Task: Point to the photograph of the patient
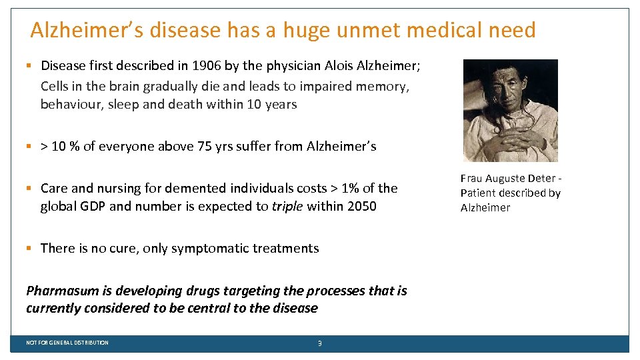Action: pyautogui.click(x=510, y=111)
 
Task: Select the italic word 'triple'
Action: pyautogui.click(x=287, y=206)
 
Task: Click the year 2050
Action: pyautogui.click(x=361, y=206)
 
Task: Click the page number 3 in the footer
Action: pyautogui.click(x=320, y=343)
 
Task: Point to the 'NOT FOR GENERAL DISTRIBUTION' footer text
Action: pyautogui.click(x=67, y=343)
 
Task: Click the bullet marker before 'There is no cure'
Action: pyautogui.click(x=29, y=248)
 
